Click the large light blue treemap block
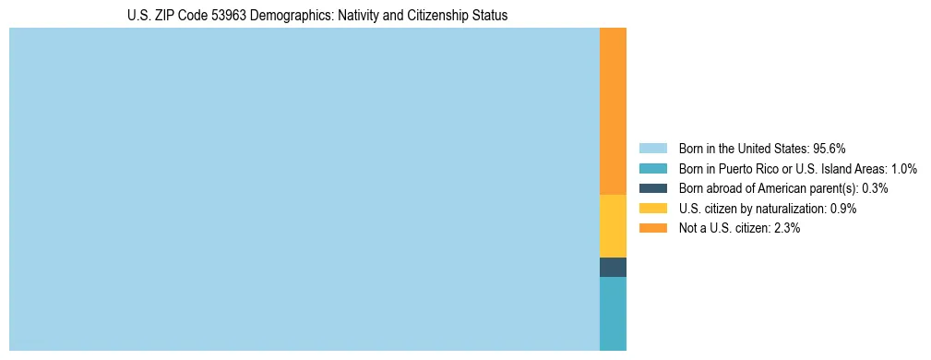coord(304,189)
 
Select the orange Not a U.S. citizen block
coord(613,111)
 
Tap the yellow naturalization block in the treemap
coord(613,226)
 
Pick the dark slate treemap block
coord(613,267)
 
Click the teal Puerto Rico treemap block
coord(613,313)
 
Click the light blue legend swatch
coord(652,149)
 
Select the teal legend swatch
coord(652,169)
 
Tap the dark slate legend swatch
coord(652,188)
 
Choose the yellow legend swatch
coord(652,209)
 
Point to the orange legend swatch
coord(652,228)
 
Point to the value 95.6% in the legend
coord(830,149)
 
